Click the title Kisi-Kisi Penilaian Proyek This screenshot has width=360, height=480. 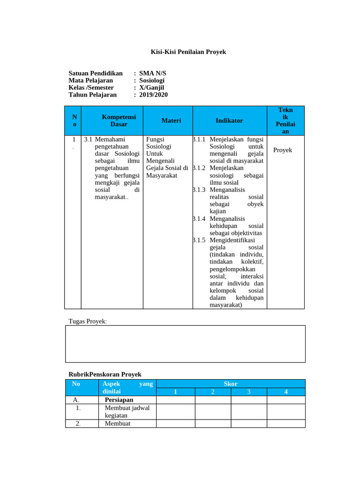pyautogui.click(x=188, y=52)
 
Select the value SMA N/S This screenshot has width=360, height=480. pyautogui.click(x=152, y=74)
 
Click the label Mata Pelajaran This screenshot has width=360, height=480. pyautogui.click(x=90, y=81)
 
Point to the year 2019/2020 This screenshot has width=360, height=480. pyautogui.click(x=153, y=95)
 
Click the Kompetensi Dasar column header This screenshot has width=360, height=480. pyautogui.click(x=119, y=120)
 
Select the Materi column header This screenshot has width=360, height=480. pyautogui.click(x=171, y=120)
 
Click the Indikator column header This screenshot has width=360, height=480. pyautogui.click(x=229, y=120)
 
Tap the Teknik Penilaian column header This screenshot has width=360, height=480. pyautogui.click(x=285, y=120)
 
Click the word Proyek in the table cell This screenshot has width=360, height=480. pyautogui.click(x=283, y=150)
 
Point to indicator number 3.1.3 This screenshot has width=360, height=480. pyautogui.click(x=199, y=190)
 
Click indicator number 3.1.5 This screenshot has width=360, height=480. pyautogui.click(x=199, y=240)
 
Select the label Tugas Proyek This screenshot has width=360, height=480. pyautogui.click(x=88, y=321)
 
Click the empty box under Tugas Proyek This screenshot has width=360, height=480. pyautogui.click(x=185, y=344)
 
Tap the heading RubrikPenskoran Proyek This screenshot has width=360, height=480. pyautogui.click(x=105, y=375)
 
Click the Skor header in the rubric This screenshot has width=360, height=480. pyautogui.click(x=231, y=384)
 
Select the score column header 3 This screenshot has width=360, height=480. pyautogui.click(x=249, y=392)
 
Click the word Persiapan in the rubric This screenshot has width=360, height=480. pyautogui.click(x=119, y=400)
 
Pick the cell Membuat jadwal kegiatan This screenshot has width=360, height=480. pyautogui.click(x=127, y=412)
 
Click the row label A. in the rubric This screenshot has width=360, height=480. pyautogui.click(x=76, y=400)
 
